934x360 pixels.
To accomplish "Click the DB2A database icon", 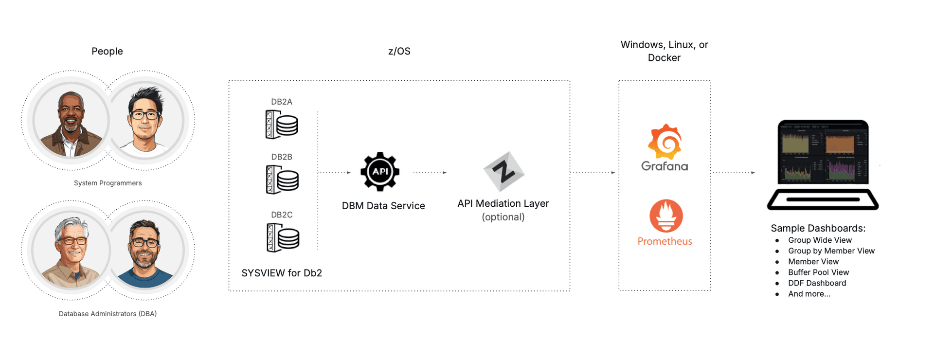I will pos(282,124).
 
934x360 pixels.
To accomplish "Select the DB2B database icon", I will pos(282,180).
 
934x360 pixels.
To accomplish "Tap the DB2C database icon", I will pos(283,237).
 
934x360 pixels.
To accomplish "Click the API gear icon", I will pos(380,171).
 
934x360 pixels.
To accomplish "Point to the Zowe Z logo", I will pos(503,171).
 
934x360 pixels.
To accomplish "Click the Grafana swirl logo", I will pos(665,142).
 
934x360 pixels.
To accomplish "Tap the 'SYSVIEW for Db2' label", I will pos(282,273).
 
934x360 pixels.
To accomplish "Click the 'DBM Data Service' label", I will pos(383,206).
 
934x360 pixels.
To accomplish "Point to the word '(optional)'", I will pos(503,217).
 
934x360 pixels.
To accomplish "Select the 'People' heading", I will pos(107,51).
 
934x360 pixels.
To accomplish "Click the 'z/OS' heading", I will pos(399,51).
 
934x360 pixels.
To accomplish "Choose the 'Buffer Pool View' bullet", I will pos(818,272).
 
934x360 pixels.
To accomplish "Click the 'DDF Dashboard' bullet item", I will pos(817,283).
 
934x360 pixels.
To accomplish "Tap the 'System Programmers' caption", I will pos(108,183).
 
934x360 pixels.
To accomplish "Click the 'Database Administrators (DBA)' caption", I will pos(108,314).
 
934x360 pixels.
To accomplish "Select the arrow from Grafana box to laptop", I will pos(734,172).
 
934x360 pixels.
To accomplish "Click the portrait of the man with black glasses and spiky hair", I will pos(145,121).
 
